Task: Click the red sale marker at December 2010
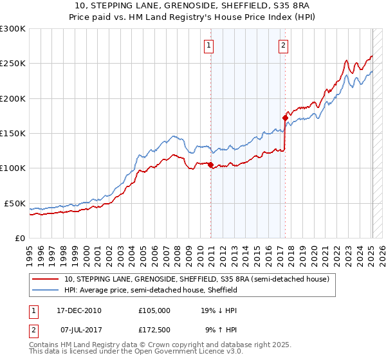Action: pos(210,165)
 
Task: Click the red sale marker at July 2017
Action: pos(285,118)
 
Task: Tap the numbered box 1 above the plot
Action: pos(210,45)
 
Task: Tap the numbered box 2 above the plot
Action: pos(284,45)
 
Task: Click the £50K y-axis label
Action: pos(15,203)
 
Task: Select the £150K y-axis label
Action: pos(13,134)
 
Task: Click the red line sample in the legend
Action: pos(46,280)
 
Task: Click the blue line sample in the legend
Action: pos(46,291)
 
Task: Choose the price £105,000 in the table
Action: pos(154,310)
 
